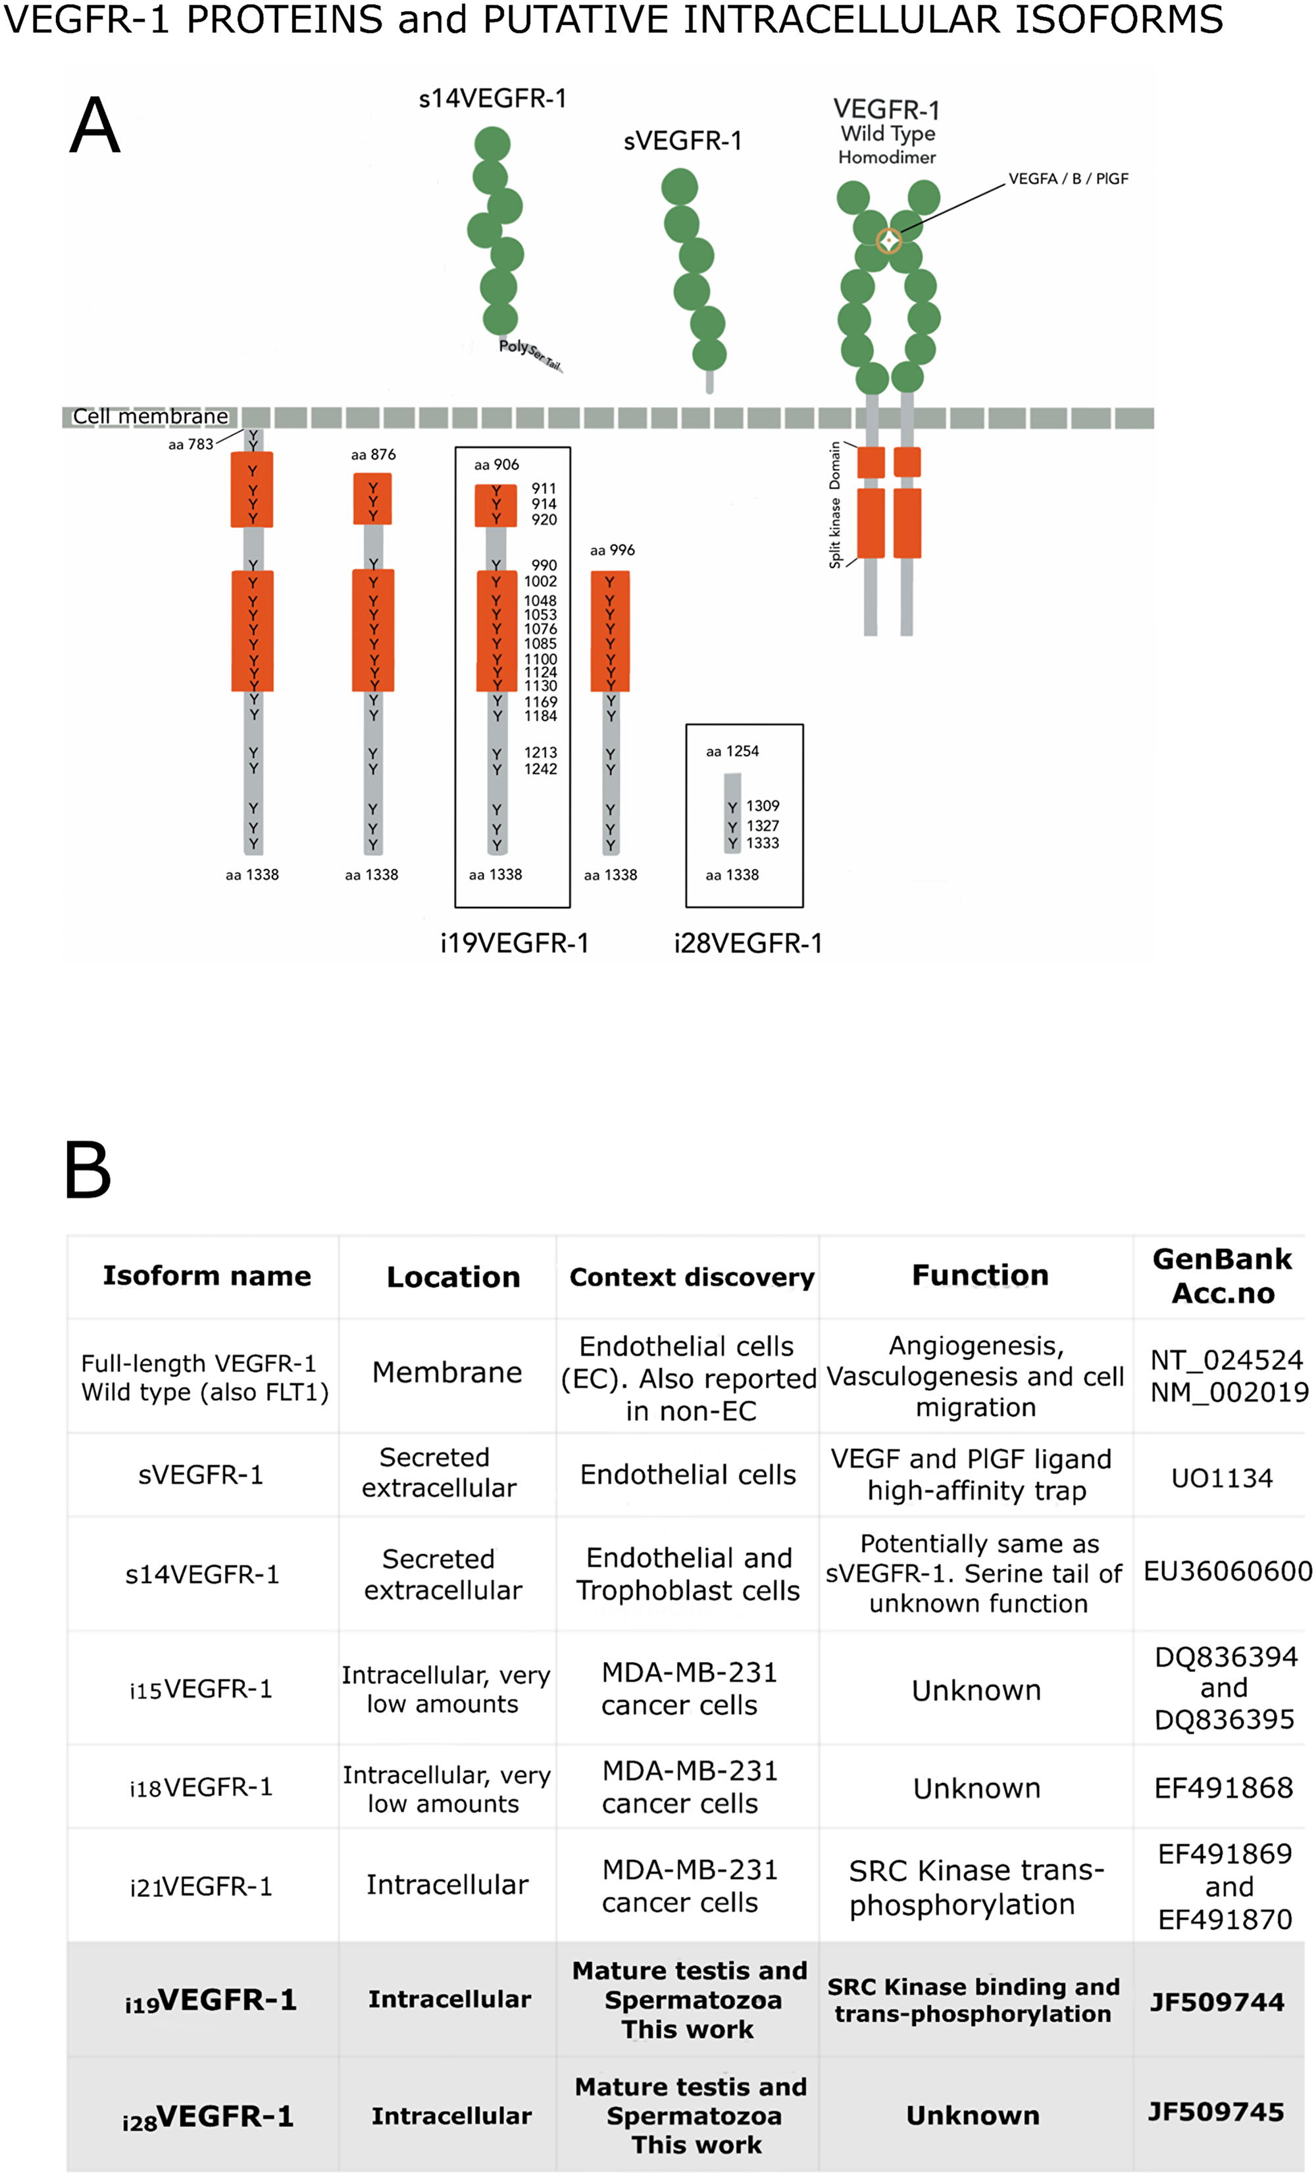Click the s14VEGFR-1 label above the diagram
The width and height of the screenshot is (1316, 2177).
(x=492, y=98)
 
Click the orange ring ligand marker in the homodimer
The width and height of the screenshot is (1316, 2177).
(x=888, y=240)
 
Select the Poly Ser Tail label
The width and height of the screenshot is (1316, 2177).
(x=528, y=353)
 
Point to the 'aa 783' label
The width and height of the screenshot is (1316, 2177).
(x=191, y=445)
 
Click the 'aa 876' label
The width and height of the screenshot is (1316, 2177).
(x=373, y=454)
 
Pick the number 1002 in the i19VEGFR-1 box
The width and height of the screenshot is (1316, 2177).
(x=540, y=581)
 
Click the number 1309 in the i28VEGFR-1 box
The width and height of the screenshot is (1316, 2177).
(x=762, y=806)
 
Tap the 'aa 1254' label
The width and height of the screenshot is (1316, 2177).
(x=732, y=751)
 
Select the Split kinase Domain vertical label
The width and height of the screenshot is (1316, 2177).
(x=834, y=504)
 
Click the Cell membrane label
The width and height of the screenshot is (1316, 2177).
(x=150, y=416)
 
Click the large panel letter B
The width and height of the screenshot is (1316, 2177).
(x=88, y=1170)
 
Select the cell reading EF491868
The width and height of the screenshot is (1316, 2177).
(x=1223, y=1788)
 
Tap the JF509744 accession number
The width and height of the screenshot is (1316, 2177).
(x=1216, y=2001)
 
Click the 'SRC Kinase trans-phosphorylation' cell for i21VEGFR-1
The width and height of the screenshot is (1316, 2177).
(x=976, y=1887)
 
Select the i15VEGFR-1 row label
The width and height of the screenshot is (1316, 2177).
(x=201, y=1689)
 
